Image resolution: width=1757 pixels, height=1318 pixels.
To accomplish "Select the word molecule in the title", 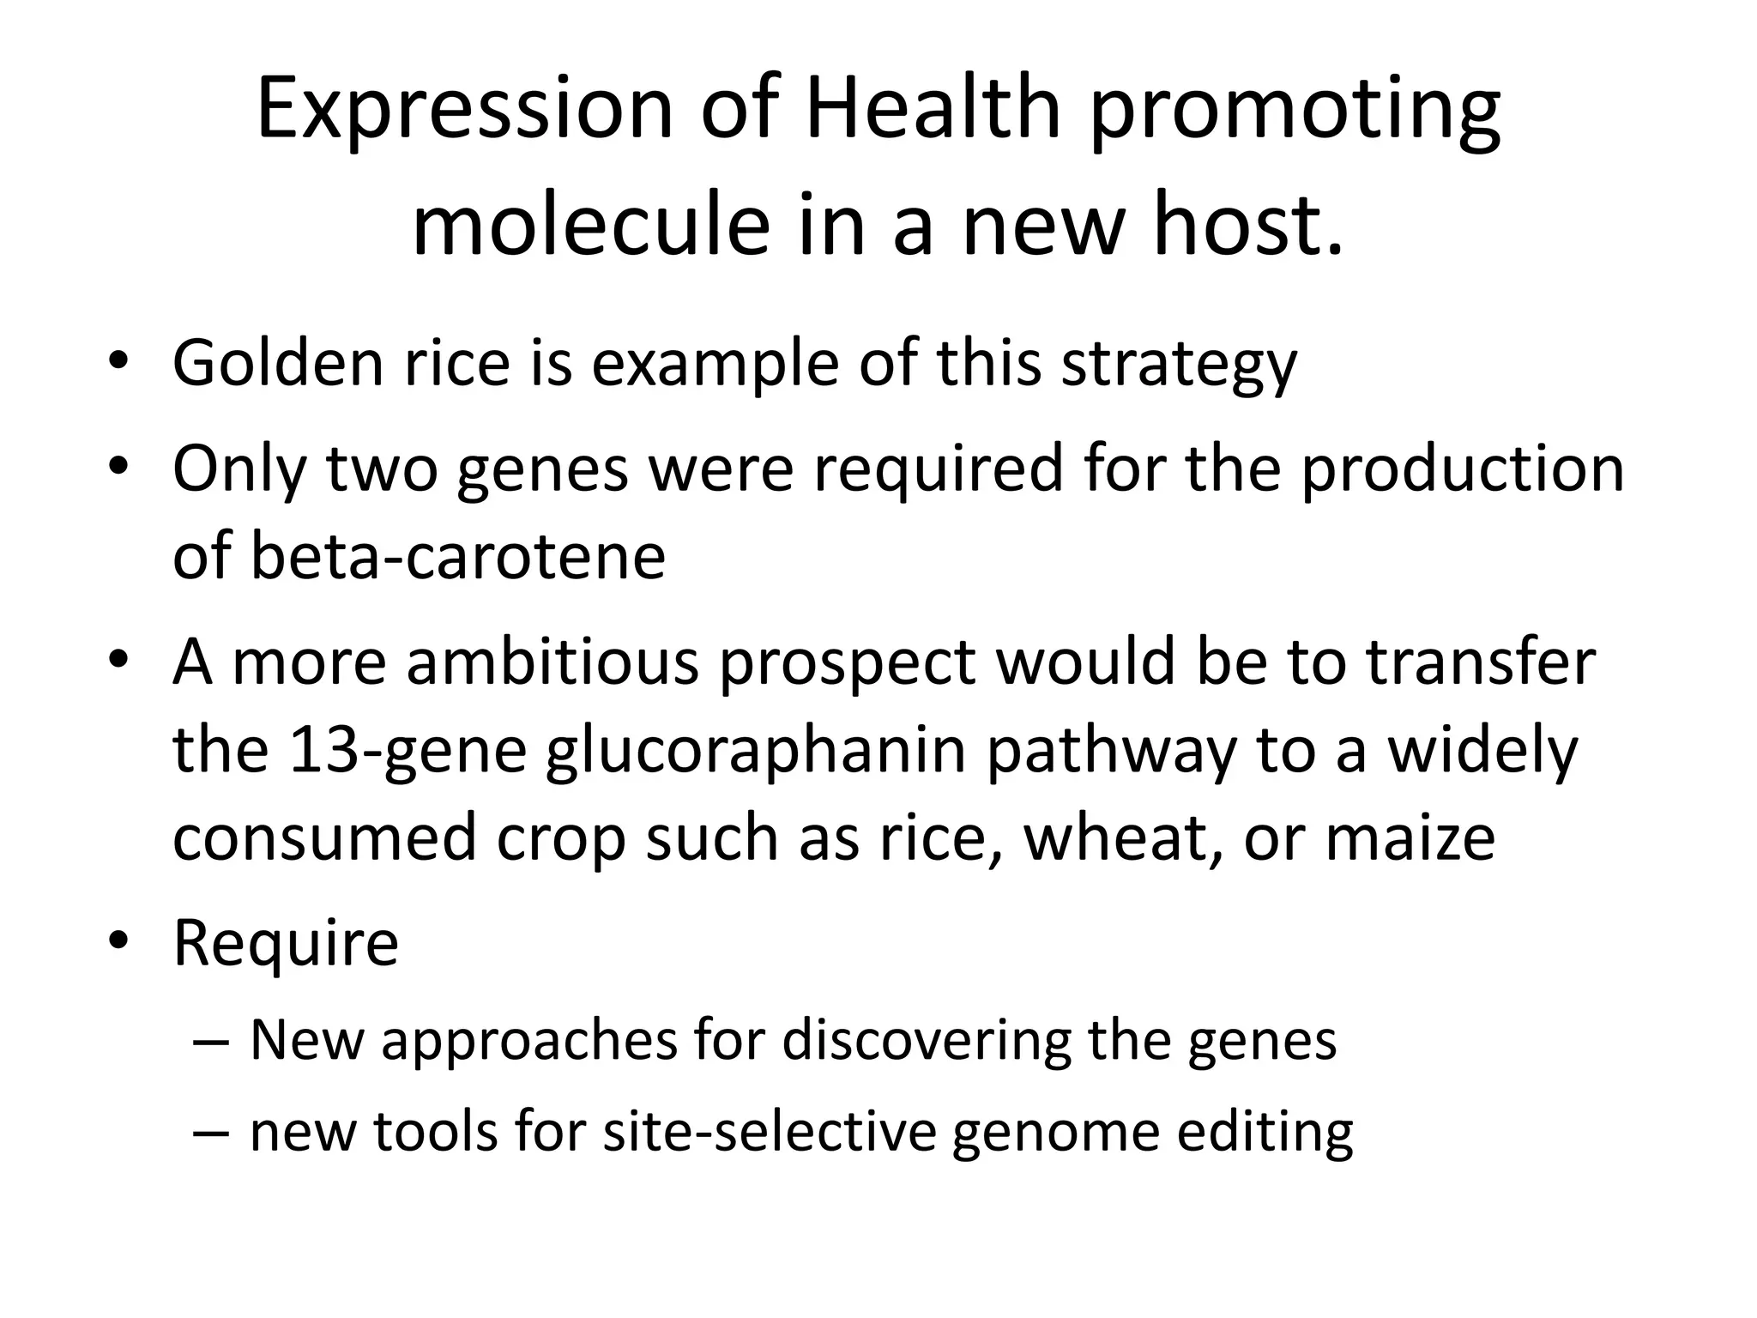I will coord(591,227).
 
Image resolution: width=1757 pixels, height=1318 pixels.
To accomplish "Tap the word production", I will coord(1462,470).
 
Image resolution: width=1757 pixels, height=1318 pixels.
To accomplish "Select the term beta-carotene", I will coord(457,556).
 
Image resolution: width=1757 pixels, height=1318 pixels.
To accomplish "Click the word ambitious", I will coord(552,662).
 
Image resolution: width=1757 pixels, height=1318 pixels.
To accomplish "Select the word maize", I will coord(1410,837).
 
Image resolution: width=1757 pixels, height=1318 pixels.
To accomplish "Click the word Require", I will coord(286,943).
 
